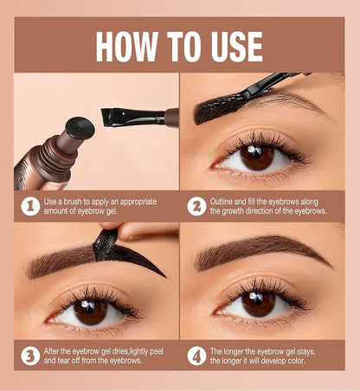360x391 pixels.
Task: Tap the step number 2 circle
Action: (x=196, y=207)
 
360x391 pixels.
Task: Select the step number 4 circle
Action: (x=196, y=355)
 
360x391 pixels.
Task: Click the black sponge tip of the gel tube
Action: (x=80, y=126)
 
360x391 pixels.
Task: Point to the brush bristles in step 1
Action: (x=112, y=116)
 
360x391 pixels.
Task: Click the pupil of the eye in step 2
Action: (x=257, y=157)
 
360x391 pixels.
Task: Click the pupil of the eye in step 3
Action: (x=90, y=311)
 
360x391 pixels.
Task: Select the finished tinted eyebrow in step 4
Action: (x=260, y=250)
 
